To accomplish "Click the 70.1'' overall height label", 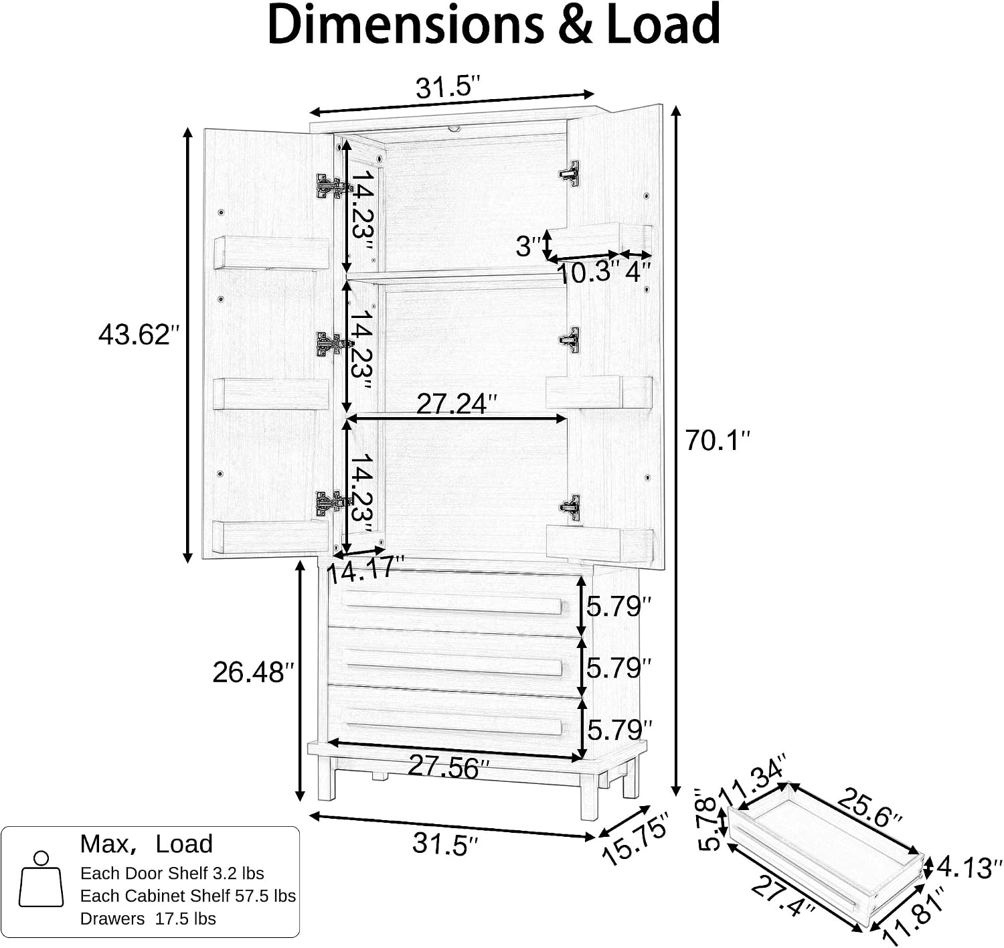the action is click(x=718, y=440).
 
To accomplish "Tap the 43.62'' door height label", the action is click(x=139, y=334).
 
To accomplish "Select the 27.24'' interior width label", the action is click(x=456, y=404).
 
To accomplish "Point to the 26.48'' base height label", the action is click(x=253, y=672).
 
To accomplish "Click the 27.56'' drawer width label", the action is click(x=448, y=766).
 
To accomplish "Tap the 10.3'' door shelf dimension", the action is click(x=588, y=272).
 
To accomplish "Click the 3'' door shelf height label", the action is click(x=529, y=246).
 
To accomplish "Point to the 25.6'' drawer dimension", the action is click(x=869, y=811).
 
